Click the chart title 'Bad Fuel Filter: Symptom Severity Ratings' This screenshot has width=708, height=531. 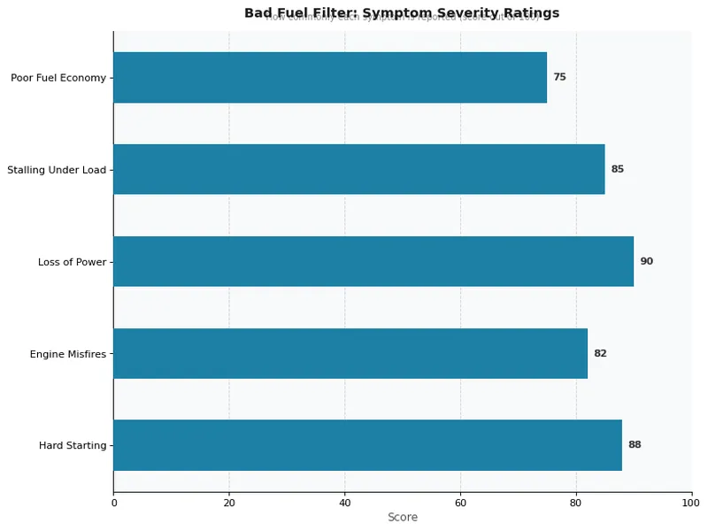tap(402, 12)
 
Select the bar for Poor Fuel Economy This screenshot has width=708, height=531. tap(329, 78)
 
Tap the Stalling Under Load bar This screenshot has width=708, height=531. tap(358, 169)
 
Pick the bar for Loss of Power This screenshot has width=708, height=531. tap(373, 261)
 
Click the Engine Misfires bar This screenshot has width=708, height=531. tap(350, 353)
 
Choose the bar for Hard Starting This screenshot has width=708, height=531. tap(367, 445)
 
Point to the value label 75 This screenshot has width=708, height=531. tap(559, 78)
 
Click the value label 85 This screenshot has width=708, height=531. tap(617, 169)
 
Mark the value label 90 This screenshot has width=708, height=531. tap(646, 261)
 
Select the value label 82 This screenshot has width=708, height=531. tap(600, 353)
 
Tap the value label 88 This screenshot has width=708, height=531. tap(635, 445)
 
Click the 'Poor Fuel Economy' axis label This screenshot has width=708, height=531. tap(58, 78)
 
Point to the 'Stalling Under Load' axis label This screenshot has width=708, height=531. tap(57, 169)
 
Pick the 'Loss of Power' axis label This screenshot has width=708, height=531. tap(72, 262)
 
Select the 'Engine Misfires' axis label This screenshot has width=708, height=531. tap(68, 354)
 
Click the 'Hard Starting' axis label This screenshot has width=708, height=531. tap(73, 445)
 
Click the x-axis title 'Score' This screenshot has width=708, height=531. tap(402, 517)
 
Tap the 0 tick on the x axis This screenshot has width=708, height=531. tap(113, 503)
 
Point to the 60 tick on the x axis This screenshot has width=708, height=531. tap(460, 503)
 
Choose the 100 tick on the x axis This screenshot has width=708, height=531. tap(691, 503)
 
